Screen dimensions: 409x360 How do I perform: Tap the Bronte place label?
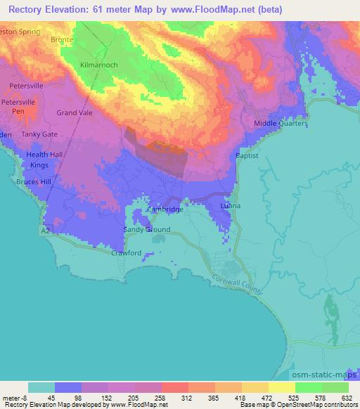62,40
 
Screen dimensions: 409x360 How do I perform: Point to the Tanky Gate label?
39,134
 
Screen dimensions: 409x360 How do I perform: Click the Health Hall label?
45,155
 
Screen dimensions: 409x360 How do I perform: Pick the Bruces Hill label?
34,181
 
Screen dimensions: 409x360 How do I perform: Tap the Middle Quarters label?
281,124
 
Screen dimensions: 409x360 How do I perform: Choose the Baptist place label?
247,155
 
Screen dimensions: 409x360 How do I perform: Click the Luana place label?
230,206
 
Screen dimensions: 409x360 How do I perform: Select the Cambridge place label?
165,209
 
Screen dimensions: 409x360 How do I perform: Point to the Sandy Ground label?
147,230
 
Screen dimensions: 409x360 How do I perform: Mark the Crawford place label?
127,253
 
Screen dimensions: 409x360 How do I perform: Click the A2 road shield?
45,229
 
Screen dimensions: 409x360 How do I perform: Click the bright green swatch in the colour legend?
309,387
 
